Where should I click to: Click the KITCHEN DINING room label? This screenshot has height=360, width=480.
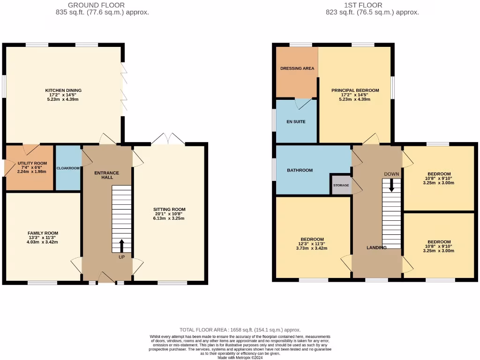[x=63, y=90]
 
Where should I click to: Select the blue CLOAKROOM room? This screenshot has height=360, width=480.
[x=68, y=168]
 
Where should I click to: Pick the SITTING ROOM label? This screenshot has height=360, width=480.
[x=169, y=210]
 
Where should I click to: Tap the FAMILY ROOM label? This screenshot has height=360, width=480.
[x=43, y=233]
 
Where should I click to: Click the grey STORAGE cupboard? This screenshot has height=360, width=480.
[x=341, y=185]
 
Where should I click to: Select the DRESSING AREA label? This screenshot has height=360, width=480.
[x=297, y=68]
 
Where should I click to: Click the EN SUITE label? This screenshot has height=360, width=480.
[x=296, y=121]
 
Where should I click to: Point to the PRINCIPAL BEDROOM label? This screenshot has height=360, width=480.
[x=355, y=90]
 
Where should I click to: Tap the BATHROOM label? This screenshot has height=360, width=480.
[x=300, y=170]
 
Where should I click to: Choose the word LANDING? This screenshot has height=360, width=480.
[x=376, y=247]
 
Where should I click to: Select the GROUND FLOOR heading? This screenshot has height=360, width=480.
[x=96, y=5]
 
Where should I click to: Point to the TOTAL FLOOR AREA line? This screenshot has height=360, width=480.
[x=240, y=330]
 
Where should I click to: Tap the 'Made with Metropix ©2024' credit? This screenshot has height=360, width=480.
[x=240, y=358]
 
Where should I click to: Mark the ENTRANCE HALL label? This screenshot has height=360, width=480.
[x=106, y=175]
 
